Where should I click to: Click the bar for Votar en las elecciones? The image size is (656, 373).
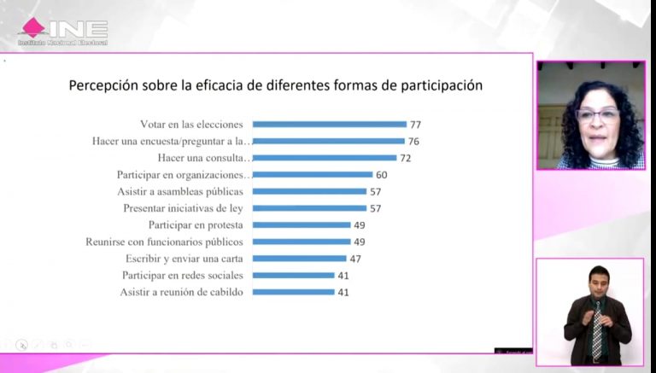pos(329,124)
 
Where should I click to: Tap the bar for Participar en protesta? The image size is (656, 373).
pos(302,225)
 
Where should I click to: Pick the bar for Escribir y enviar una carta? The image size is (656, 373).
pos(299,259)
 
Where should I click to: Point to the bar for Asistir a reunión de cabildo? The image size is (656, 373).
pos(293,292)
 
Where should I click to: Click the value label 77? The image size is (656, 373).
pos(416,124)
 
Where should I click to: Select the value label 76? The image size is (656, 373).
pos(414,141)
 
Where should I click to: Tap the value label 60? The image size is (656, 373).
pos(382,175)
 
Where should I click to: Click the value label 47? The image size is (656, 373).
pos(356,259)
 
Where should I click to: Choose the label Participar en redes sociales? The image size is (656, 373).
pos(183,276)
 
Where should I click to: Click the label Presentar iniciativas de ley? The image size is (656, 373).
pos(184,208)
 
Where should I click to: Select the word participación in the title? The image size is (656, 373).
pos(444,86)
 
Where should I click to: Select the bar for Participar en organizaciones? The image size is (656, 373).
pos(312,175)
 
